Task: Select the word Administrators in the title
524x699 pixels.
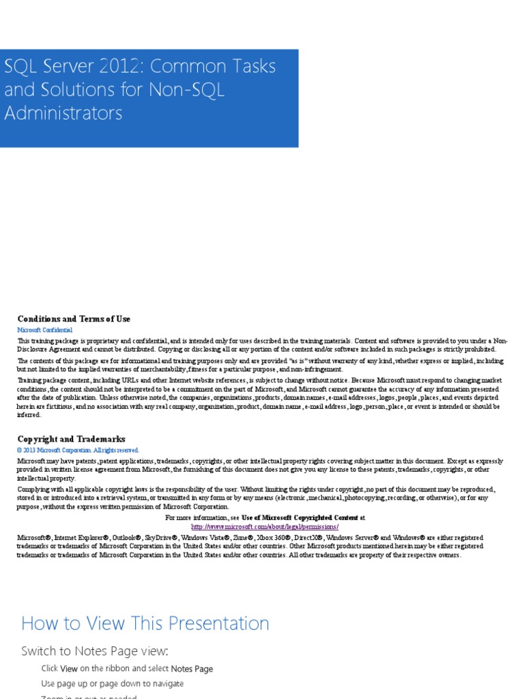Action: pos(63,113)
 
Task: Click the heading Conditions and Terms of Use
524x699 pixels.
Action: pos(74,319)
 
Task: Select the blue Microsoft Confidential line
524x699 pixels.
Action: pos(45,330)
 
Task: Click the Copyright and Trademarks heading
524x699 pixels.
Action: pos(71,439)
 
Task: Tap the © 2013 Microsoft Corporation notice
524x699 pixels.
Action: pos(78,450)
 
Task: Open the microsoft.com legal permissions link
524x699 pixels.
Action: pos(265,527)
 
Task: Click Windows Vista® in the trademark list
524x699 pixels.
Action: pos(204,538)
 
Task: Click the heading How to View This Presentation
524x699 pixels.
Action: pos(145,623)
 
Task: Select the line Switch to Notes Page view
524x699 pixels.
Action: pos(94,651)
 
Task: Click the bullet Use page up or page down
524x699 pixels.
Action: pos(112,683)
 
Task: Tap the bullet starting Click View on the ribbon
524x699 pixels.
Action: pos(127,668)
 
